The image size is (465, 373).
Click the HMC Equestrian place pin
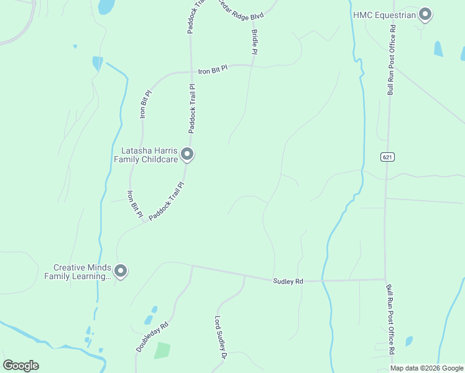click(425, 14)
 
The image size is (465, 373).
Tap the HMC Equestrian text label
click(384, 14)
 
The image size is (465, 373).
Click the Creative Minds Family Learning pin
click(121, 271)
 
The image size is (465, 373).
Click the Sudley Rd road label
click(288, 282)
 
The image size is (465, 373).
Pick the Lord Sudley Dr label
click(218, 338)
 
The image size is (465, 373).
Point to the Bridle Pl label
click(254, 42)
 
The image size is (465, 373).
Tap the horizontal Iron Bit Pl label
click(213, 71)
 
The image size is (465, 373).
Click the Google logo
click(21, 366)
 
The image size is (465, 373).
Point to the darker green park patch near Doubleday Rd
click(162, 350)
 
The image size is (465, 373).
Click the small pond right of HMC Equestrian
click(438, 48)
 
